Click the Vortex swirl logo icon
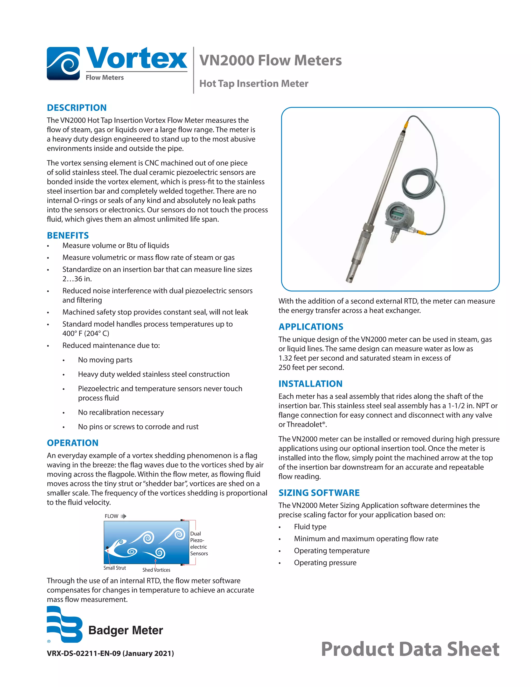click(x=63, y=63)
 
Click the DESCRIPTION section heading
click(x=76, y=108)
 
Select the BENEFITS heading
click(x=68, y=235)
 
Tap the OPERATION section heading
click(x=72, y=443)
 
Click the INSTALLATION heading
click(x=310, y=383)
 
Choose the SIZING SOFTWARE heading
click(x=319, y=493)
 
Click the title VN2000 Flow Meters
click(x=270, y=60)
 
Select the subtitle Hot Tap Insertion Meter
click(x=254, y=83)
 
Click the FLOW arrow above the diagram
click(x=123, y=516)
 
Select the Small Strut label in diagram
click(x=115, y=568)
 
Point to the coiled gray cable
click(x=418, y=183)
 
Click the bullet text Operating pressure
click(x=325, y=563)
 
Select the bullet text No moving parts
click(x=105, y=360)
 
